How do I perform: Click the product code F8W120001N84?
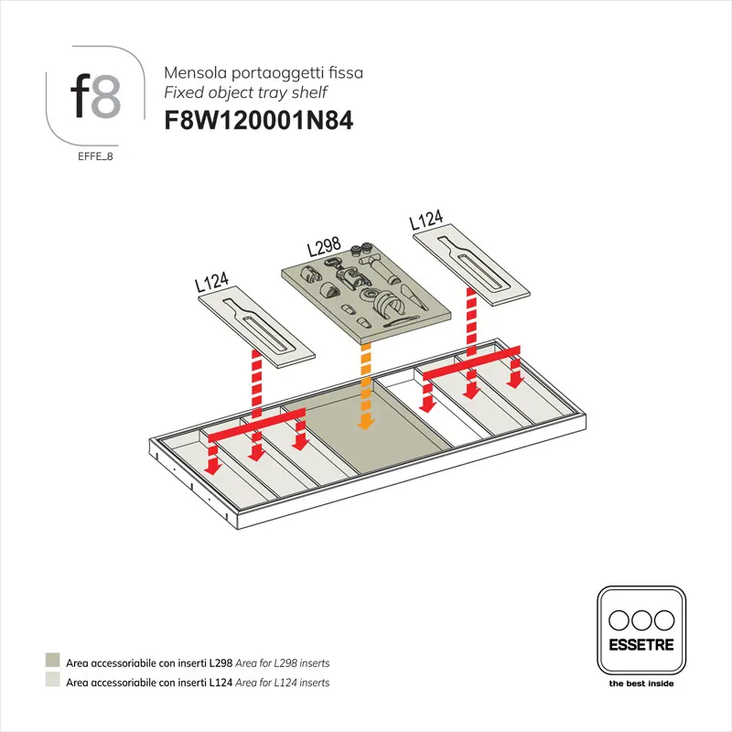point(257,121)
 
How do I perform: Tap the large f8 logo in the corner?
point(94,95)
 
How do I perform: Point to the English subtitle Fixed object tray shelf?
point(244,92)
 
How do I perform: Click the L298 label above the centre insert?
point(323,246)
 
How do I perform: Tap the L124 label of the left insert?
point(211,281)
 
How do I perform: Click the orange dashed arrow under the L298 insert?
point(366,384)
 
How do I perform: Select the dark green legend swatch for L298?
point(53,662)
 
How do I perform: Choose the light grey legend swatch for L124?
point(53,682)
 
